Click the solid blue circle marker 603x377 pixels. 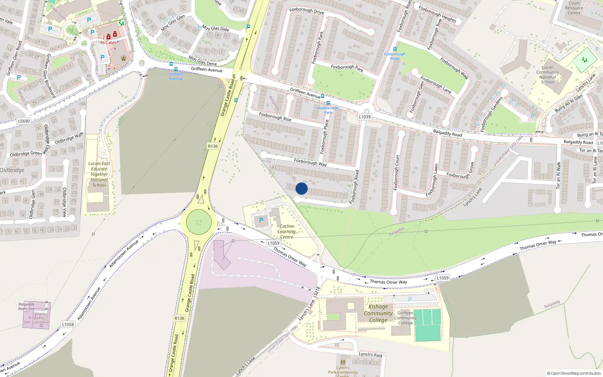click(x=301, y=188)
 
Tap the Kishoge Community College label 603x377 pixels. click(x=378, y=313)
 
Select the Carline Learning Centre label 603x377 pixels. click(x=286, y=231)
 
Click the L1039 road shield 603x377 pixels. click(x=364, y=117)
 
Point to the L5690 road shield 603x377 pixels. click(x=24, y=121)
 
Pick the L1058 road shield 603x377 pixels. click(x=68, y=324)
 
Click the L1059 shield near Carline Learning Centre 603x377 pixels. click(x=273, y=243)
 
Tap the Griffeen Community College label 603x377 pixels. click(x=405, y=318)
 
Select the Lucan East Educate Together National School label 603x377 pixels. click(x=99, y=174)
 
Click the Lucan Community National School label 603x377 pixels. click(x=548, y=75)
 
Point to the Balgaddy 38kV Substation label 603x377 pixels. click(x=36, y=320)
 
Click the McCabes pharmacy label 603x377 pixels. click(x=108, y=43)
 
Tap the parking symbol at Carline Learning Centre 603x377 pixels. click(x=261, y=221)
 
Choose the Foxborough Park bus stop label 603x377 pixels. click(x=328, y=110)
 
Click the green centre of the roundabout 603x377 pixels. click(x=199, y=222)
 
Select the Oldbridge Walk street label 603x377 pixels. click(x=69, y=138)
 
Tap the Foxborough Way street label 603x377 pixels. click(x=310, y=162)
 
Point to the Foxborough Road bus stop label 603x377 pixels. click(x=395, y=56)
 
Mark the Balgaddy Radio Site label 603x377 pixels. click(x=26, y=306)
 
